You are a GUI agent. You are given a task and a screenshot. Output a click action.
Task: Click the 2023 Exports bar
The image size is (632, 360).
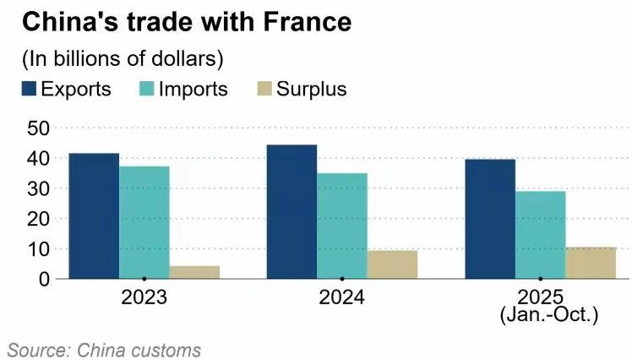(94, 215)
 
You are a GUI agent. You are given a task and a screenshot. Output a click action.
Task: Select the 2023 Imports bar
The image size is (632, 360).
(144, 222)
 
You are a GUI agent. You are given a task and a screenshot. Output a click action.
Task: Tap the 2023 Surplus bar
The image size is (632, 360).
(194, 271)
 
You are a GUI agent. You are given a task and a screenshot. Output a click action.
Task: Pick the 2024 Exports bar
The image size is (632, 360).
(291, 211)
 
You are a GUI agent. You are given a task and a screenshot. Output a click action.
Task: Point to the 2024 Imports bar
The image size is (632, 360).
(342, 226)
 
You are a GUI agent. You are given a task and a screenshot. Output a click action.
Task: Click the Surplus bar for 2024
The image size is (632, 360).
(392, 264)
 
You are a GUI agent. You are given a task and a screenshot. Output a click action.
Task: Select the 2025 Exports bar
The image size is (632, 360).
(490, 219)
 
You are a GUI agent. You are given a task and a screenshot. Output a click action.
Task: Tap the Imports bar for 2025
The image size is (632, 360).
(540, 234)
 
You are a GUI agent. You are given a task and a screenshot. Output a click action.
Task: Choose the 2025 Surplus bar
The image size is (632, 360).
(591, 262)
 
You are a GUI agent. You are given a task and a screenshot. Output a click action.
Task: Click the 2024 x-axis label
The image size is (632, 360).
(341, 297)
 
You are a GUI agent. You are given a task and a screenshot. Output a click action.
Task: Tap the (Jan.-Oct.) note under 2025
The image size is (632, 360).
(549, 316)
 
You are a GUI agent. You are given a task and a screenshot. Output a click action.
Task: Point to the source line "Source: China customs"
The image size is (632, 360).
(104, 349)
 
